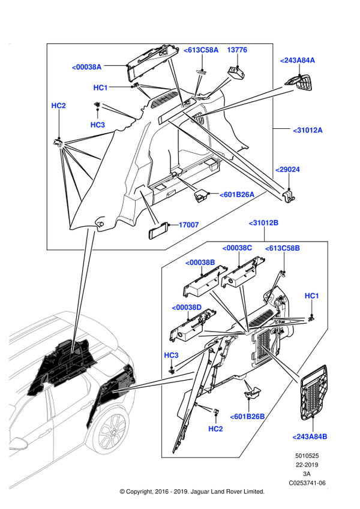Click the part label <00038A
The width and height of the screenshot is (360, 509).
[x=86, y=67]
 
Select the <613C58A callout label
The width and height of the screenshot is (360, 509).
[x=201, y=50]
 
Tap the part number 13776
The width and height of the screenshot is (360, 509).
[x=237, y=50]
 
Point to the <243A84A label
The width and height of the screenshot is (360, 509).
[x=297, y=61]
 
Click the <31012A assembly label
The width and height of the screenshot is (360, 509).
[x=308, y=130]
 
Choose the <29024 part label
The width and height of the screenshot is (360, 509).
[x=287, y=170]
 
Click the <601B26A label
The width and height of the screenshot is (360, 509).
[x=237, y=195]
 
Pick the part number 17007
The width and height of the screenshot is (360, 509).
[x=189, y=225]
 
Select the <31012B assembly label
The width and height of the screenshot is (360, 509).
[x=263, y=223]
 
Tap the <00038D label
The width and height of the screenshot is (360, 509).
[x=187, y=308]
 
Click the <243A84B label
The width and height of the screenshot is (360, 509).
[x=310, y=436]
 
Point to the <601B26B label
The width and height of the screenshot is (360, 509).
[x=247, y=417]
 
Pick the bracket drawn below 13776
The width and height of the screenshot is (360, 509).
[x=236, y=72]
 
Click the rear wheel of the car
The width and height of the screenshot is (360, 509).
[x=112, y=431]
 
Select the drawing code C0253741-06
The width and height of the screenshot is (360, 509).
[x=307, y=483]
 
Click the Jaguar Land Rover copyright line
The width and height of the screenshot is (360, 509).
[x=192, y=492]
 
